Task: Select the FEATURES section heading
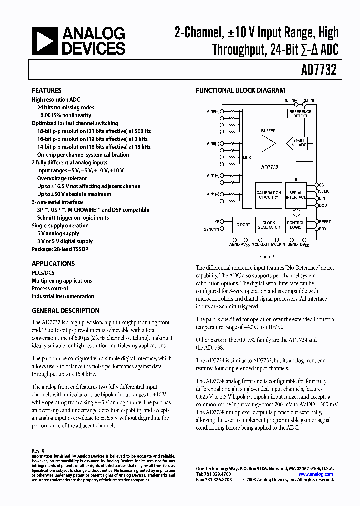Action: pyautogui.click(x=47, y=91)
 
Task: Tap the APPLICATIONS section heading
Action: pyautogui.click(x=53, y=263)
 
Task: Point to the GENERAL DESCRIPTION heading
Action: pyautogui.click(x=66, y=310)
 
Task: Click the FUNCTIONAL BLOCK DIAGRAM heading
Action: pyautogui.click(x=240, y=91)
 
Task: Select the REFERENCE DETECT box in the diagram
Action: pyautogui.click(x=300, y=114)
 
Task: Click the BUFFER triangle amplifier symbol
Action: pyautogui.click(x=268, y=144)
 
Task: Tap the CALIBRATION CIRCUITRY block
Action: pyautogui.click(x=269, y=195)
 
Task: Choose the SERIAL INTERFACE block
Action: pyautogui.click(x=296, y=195)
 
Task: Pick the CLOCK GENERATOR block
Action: pyautogui.click(x=269, y=225)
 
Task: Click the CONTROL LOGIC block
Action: pyautogui.click(x=296, y=225)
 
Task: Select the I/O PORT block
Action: pyautogui.click(x=242, y=225)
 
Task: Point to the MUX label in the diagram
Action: pyautogui.click(x=247, y=158)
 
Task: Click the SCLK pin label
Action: pyautogui.click(x=324, y=191)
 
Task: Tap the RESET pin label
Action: pyautogui.click(x=325, y=221)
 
